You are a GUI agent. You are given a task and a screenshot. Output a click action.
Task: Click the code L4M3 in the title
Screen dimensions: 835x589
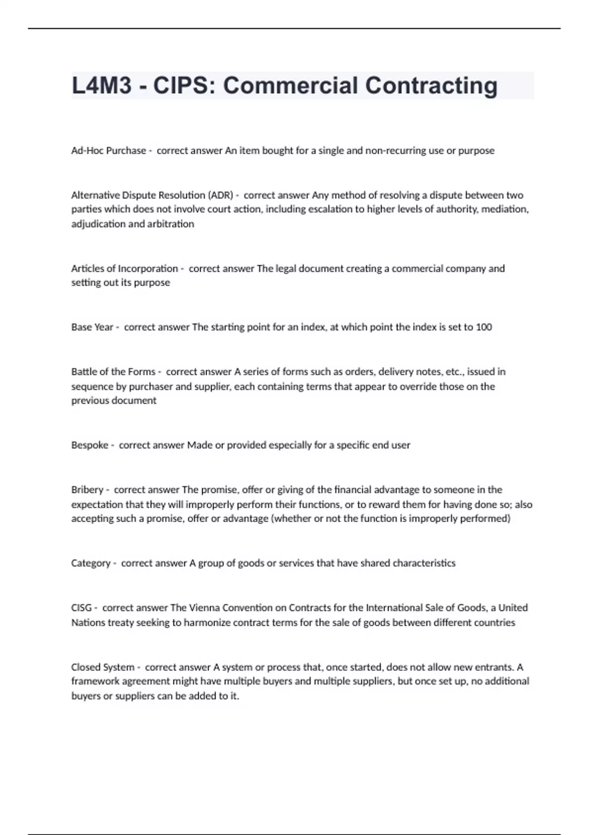click(102, 85)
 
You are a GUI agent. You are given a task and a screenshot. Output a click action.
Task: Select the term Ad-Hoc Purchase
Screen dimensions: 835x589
click(108, 151)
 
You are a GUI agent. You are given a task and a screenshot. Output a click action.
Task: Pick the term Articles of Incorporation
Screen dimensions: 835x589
click(125, 269)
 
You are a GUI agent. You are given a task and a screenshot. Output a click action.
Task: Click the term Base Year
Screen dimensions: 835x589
click(92, 327)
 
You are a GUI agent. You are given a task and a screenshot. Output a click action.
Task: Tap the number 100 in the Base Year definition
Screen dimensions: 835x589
click(484, 327)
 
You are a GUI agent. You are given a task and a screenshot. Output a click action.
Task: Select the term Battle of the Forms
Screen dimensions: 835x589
click(113, 372)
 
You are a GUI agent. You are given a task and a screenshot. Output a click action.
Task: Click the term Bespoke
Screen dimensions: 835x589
click(89, 445)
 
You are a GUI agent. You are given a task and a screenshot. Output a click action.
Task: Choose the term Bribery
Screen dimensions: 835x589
click(87, 490)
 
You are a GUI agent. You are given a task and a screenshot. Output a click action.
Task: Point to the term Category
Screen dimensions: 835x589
click(91, 563)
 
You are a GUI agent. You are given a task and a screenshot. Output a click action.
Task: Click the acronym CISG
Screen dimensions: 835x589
click(81, 608)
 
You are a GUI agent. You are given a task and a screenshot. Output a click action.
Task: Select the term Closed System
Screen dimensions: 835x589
click(103, 667)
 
